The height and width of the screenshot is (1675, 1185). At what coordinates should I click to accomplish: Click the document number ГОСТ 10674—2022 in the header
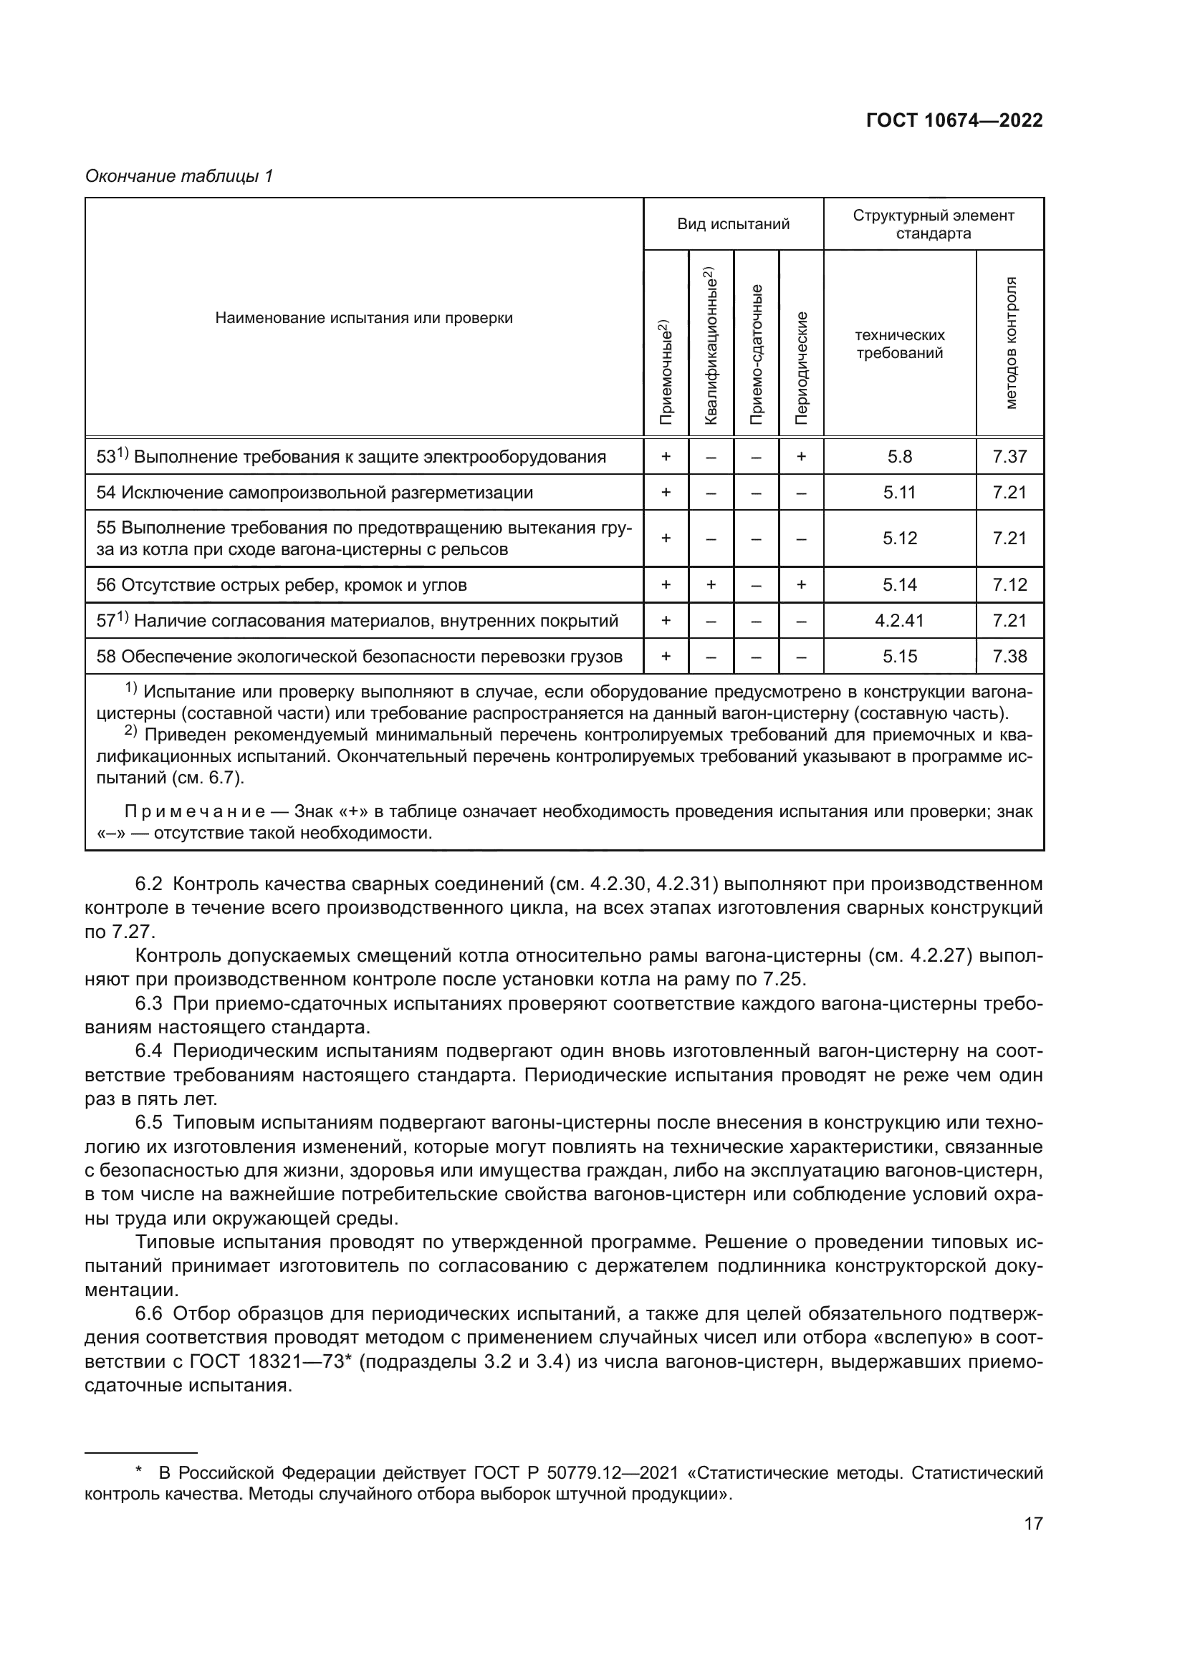(954, 121)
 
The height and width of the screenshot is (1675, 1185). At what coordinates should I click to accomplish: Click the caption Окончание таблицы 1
(179, 177)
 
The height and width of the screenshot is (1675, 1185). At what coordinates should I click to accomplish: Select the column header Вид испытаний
(733, 224)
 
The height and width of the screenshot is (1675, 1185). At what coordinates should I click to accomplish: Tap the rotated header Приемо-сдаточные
(756, 354)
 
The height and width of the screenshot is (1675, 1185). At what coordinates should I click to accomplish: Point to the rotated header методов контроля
(1011, 343)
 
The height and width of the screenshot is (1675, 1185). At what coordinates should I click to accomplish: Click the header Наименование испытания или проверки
(363, 318)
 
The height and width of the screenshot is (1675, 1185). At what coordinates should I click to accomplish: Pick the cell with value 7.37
(1009, 457)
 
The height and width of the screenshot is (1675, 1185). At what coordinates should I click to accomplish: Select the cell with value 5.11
(899, 493)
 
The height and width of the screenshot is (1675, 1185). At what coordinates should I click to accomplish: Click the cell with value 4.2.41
(899, 621)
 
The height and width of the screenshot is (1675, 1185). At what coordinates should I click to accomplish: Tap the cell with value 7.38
(1009, 657)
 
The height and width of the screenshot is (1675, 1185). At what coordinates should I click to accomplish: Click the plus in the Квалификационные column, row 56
(711, 585)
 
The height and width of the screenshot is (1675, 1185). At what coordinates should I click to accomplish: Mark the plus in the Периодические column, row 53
(801, 457)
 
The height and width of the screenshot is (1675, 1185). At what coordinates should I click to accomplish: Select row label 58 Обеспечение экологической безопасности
(359, 657)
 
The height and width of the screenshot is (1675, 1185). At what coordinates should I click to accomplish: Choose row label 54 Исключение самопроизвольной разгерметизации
(315, 493)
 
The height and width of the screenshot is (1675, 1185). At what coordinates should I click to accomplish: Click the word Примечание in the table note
(195, 812)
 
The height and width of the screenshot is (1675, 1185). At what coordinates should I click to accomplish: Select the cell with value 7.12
(1009, 585)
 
